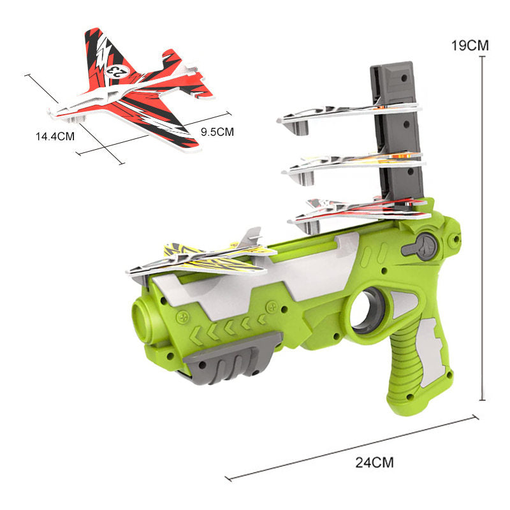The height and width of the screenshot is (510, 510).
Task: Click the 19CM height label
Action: point(470,45)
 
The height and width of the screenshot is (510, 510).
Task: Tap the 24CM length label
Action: point(374,462)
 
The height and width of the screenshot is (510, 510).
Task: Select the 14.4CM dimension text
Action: point(55,136)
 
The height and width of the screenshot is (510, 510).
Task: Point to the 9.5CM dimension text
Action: point(217,132)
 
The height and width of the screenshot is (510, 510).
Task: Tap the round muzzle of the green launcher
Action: point(143,321)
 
